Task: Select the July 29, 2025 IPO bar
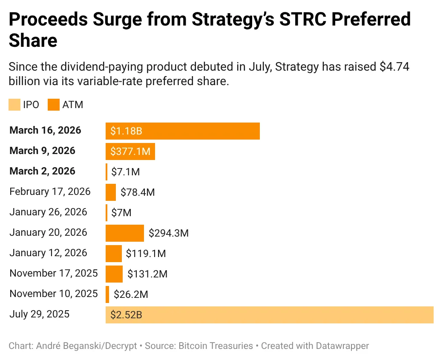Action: [269, 315]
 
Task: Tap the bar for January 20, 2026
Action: [124, 233]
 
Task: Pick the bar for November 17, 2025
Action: [114, 274]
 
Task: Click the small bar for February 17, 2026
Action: [111, 192]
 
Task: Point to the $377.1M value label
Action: [130, 151]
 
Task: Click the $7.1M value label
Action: [125, 172]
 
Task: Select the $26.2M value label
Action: [130, 294]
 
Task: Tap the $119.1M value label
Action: [146, 254]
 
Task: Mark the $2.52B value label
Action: [126, 315]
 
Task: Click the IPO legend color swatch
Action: [14, 105]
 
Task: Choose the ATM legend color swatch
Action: [54, 105]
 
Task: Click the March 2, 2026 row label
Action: [42, 171]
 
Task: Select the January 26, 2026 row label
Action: [48, 212]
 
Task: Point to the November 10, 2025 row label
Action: [53, 294]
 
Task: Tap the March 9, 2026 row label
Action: [42, 151]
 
